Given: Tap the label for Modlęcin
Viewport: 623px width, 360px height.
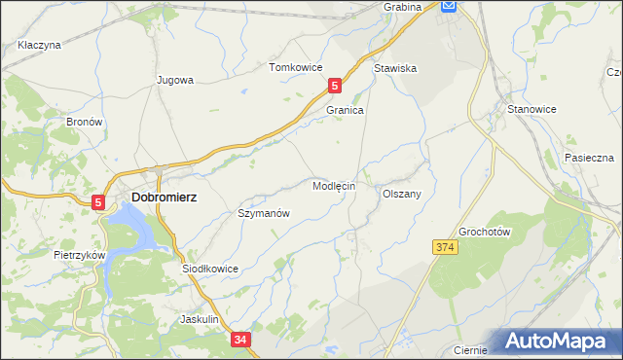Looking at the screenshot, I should pyautogui.click(x=334, y=185).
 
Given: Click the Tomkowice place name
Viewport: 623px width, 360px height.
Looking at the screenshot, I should pyautogui.click(x=296, y=67).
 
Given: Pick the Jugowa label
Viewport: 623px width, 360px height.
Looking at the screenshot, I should pyautogui.click(x=176, y=81).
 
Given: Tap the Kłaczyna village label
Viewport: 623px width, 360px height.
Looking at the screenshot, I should pyautogui.click(x=39, y=45).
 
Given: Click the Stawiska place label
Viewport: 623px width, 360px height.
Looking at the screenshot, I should pyautogui.click(x=395, y=69).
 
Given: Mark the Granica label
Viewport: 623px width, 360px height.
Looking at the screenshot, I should pyautogui.click(x=345, y=111).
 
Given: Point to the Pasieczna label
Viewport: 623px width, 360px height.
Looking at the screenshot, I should pyautogui.click(x=588, y=158).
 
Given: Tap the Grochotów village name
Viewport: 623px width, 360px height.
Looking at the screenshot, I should pyautogui.click(x=485, y=232).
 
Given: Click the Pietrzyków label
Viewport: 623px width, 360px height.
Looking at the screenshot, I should pyautogui.click(x=80, y=254).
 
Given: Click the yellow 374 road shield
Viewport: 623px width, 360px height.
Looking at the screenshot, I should pyautogui.click(x=445, y=248).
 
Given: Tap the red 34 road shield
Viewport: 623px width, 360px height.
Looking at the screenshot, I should pyautogui.click(x=241, y=340).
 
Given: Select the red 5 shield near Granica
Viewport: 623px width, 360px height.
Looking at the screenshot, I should pyautogui.click(x=335, y=86).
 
